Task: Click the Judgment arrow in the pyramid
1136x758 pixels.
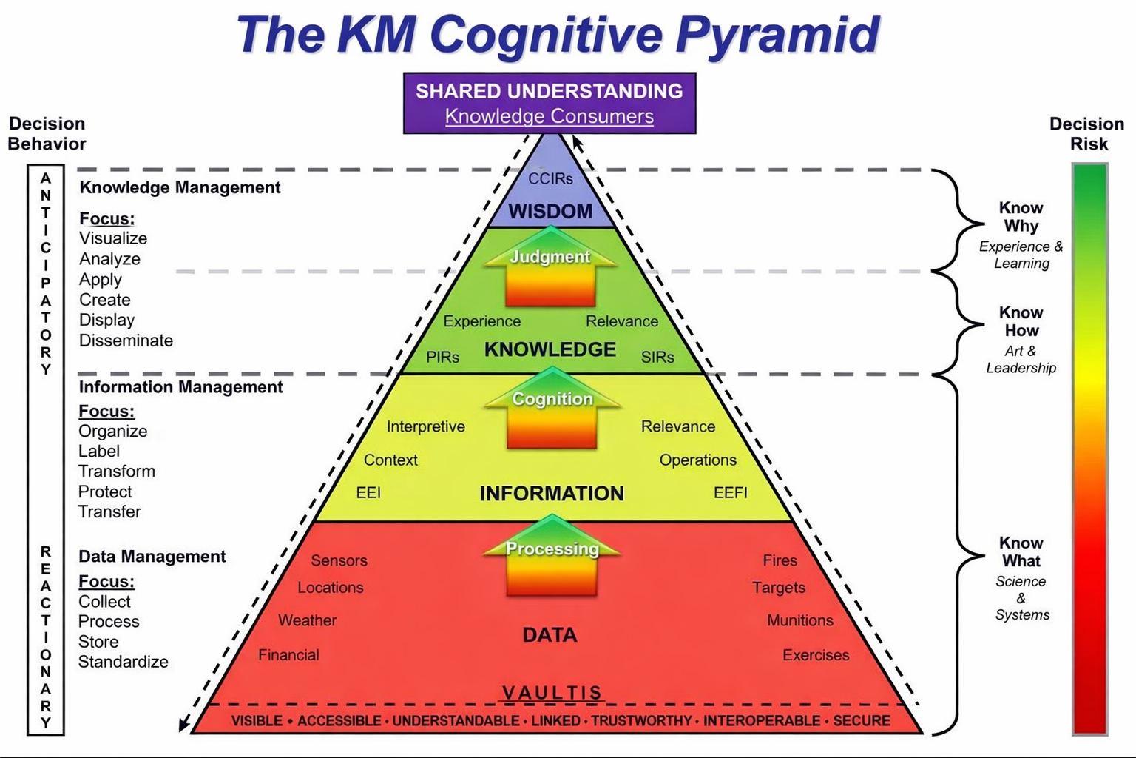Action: (551, 268)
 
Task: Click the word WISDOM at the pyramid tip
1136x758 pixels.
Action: (550, 212)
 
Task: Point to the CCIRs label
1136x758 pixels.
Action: (550, 178)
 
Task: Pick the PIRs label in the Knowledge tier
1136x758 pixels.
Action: (443, 358)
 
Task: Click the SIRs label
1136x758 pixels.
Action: (657, 358)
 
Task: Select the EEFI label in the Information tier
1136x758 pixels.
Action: (731, 493)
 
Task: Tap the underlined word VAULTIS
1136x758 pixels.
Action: (552, 693)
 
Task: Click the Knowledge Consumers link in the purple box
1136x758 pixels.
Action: (549, 116)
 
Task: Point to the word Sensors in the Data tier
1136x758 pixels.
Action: (339, 560)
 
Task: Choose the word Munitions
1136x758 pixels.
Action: (800, 620)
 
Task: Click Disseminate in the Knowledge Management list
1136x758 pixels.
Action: (126, 341)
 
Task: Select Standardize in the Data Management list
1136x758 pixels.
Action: (124, 662)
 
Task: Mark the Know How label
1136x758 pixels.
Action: (1021, 322)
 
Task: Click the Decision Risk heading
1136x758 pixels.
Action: (1087, 134)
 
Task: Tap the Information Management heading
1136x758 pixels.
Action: (180, 387)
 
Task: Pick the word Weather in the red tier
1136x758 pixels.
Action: (307, 620)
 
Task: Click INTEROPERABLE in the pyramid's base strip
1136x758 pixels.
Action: (762, 721)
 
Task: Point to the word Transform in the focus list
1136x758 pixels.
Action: (117, 472)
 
